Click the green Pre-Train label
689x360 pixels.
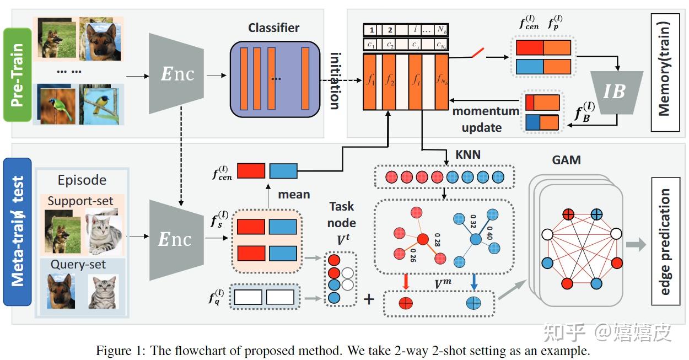pos(17,74)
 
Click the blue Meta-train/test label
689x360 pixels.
pos(17,232)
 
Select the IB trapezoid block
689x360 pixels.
pos(614,91)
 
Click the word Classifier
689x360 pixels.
pos(274,28)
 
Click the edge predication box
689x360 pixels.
pos(665,241)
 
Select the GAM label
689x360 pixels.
pos(566,160)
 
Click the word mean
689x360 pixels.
pos(293,194)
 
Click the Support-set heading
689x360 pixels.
pos(80,201)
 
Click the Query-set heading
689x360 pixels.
pos(78,265)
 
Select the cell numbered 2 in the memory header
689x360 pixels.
pos(390,30)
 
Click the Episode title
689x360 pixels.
pos(82,180)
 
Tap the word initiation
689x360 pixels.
pos(335,80)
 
